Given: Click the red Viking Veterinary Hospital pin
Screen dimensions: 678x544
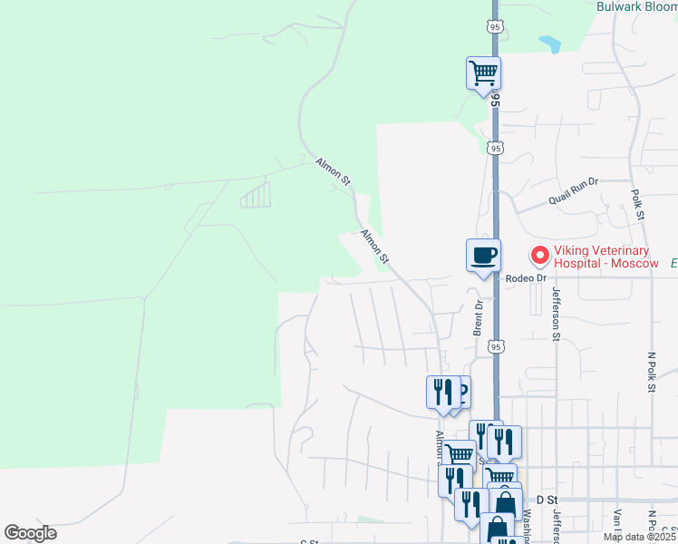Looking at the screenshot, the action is (x=539, y=257).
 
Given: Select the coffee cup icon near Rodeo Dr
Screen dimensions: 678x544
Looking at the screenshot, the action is (x=482, y=255).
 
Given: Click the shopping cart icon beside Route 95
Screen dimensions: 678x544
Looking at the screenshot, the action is (x=483, y=73).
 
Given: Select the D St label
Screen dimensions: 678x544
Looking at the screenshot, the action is (x=546, y=500).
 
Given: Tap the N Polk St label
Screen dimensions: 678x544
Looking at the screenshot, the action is (x=650, y=372).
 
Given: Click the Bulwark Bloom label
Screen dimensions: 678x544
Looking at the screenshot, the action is (x=636, y=6).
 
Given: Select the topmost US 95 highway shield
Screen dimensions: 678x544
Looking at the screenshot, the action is (x=494, y=27).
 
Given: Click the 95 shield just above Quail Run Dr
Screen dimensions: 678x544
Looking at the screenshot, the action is (x=494, y=148).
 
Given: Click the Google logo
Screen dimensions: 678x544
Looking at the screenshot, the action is (x=30, y=533).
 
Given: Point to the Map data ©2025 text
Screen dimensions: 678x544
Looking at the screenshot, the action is (x=626, y=537).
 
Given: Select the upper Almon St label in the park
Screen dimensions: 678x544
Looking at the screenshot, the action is (x=333, y=171).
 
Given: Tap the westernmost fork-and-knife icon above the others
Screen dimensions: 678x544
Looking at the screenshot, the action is (x=441, y=392).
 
